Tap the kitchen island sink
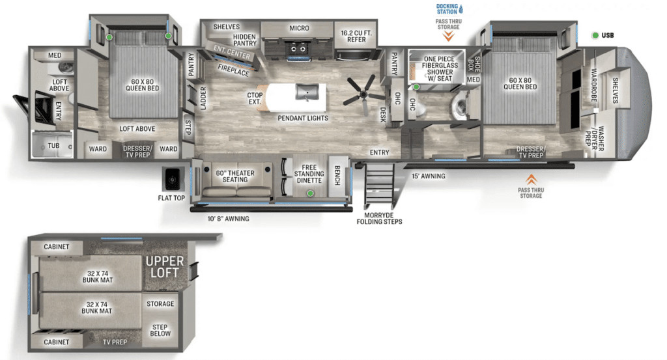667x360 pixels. (307, 91)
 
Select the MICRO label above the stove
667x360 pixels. (299, 28)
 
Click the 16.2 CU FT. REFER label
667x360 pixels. (356, 36)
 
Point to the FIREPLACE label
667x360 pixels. (234, 70)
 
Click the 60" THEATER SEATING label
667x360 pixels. (234, 176)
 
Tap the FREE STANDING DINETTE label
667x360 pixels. (309, 174)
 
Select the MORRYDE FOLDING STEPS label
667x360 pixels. (379, 219)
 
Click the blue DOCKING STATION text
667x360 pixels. (447, 9)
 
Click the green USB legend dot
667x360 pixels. (595, 35)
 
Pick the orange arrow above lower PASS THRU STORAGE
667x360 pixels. (531, 180)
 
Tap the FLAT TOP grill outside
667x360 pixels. (173, 179)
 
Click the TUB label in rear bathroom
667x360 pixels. (53, 146)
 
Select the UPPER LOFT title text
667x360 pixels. (165, 267)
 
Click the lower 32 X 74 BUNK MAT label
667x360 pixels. (96, 308)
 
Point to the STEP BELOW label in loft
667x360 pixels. (160, 330)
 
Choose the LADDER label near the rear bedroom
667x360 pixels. (203, 98)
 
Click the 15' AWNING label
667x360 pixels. (429, 176)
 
